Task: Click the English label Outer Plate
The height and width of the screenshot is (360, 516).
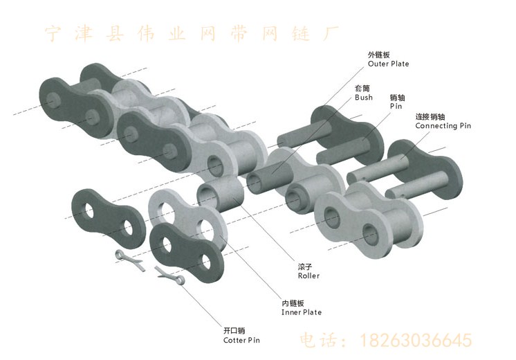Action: [x=388, y=64]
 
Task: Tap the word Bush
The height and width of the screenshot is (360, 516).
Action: [x=364, y=98]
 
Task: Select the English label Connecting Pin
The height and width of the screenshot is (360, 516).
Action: [x=443, y=127]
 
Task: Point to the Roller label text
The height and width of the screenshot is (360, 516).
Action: [x=308, y=276]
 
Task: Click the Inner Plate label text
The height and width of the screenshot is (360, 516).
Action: [x=302, y=312]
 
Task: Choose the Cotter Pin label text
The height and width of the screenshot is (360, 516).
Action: [x=242, y=341]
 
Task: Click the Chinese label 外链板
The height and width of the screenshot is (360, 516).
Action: [x=379, y=55]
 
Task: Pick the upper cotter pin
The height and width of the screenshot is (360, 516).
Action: [x=129, y=259]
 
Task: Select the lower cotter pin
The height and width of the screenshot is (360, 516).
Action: [x=172, y=276]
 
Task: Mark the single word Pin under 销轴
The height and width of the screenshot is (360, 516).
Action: [x=396, y=107]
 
